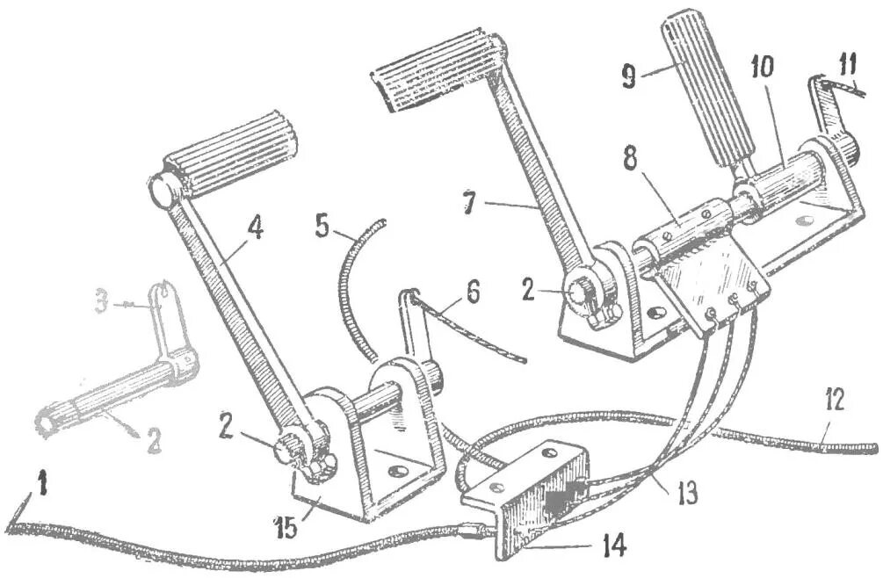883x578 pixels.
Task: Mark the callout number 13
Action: (687, 493)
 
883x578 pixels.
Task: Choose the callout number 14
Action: (612, 546)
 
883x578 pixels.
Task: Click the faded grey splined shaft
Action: (114, 393)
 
